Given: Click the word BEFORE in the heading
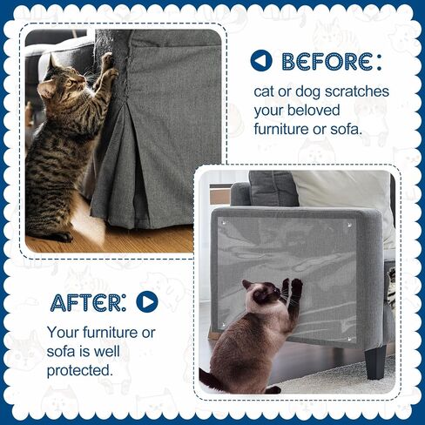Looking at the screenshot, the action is (x=327, y=62).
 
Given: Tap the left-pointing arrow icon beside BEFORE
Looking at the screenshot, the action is (x=261, y=61).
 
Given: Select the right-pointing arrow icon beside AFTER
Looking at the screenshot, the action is (x=147, y=302).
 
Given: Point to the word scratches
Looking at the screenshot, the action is (x=357, y=91).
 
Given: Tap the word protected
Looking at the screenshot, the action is (x=79, y=371).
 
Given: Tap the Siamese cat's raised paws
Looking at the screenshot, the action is (x=293, y=285).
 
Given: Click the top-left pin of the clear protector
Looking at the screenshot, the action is (x=224, y=223).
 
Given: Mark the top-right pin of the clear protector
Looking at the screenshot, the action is (x=349, y=225).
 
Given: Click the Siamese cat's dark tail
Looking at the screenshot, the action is (x=212, y=381).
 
